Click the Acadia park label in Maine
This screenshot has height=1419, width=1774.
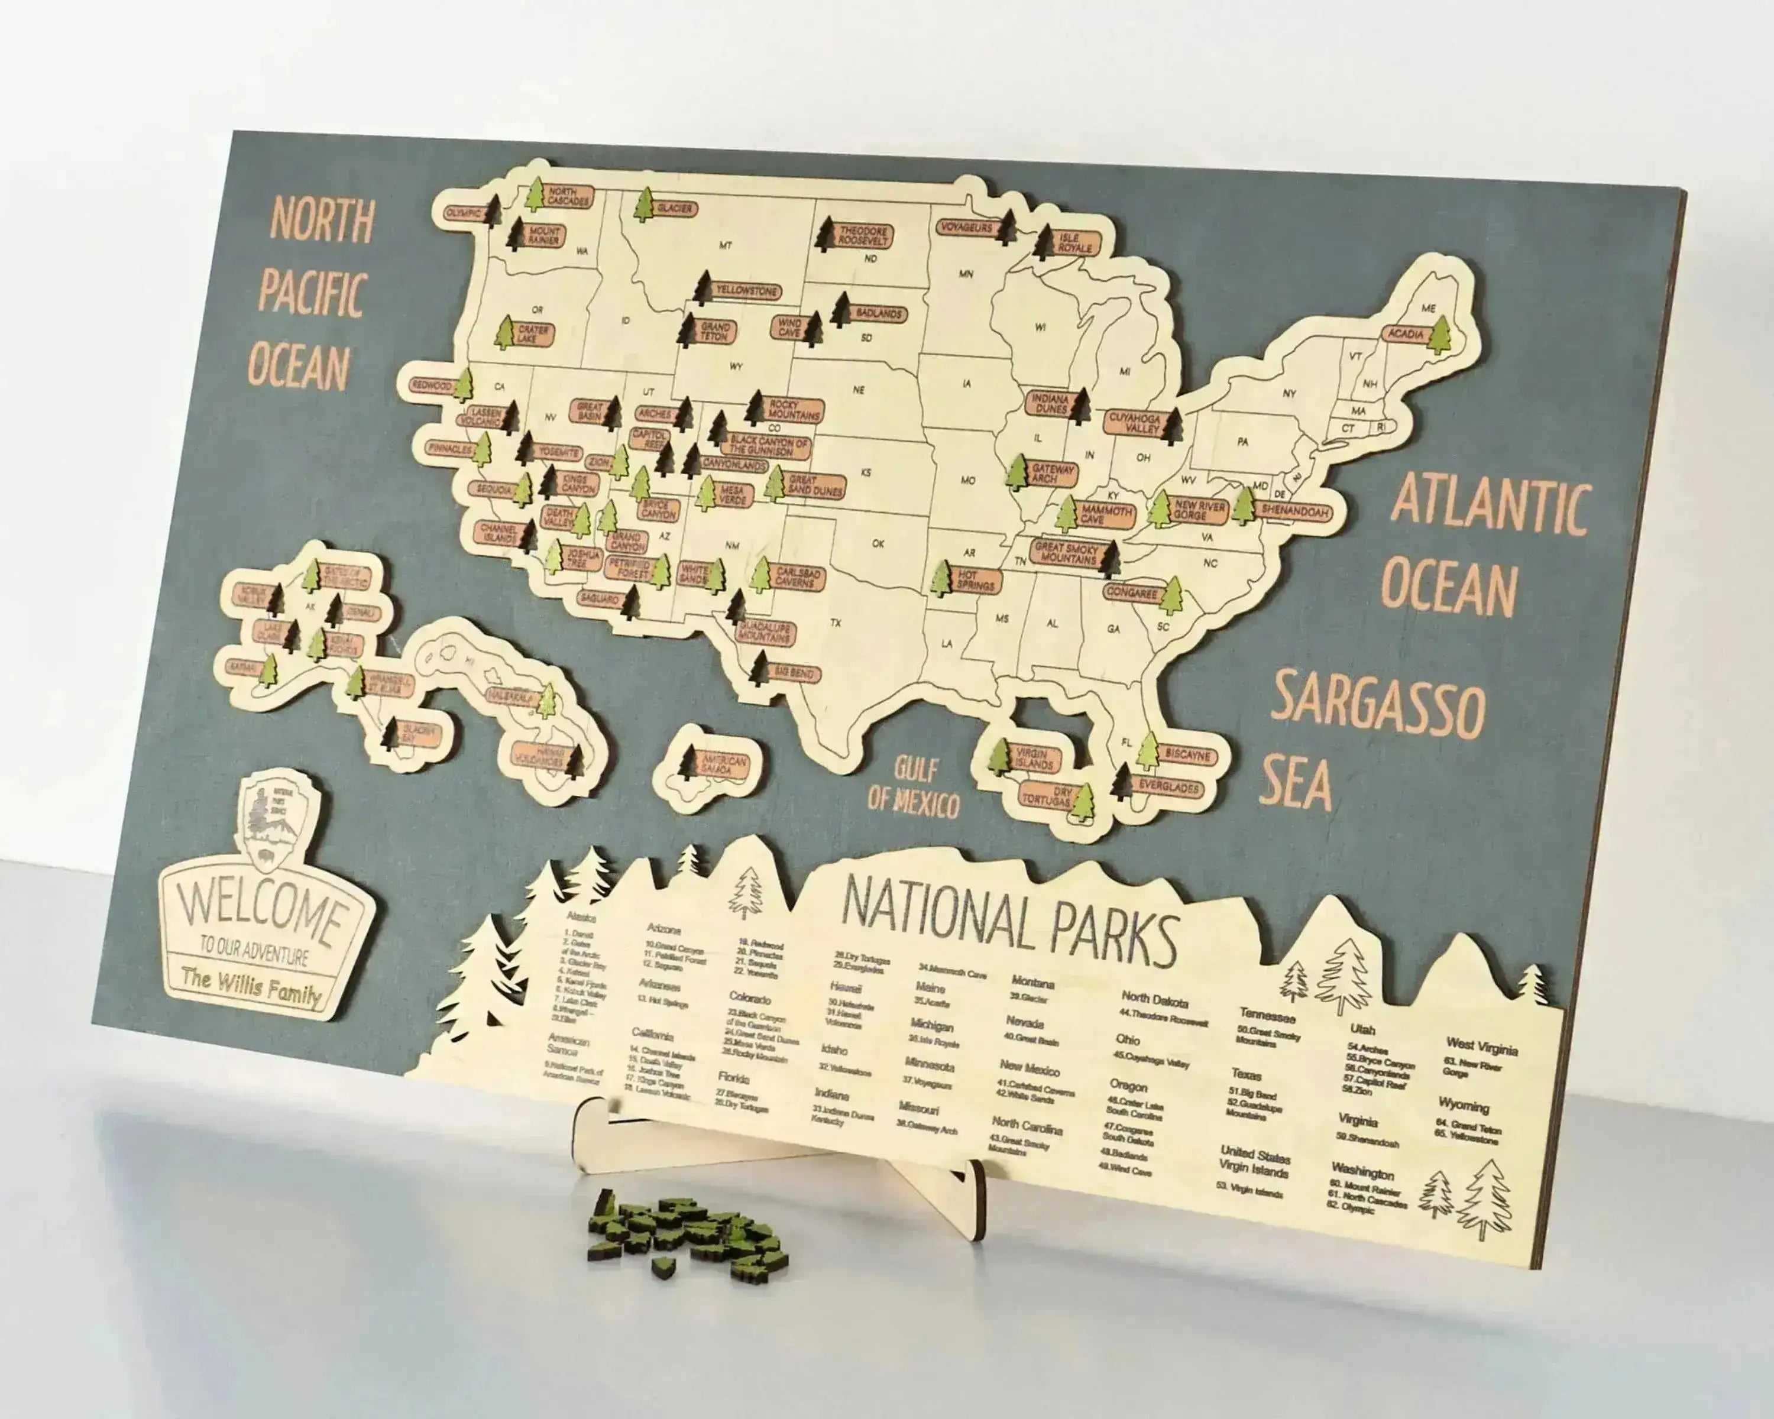[1406, 334]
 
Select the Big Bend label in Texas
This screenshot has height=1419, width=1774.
[792, 673]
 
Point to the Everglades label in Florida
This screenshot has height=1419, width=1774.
[1169, 786]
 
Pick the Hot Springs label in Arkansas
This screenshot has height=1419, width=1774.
[975, 581]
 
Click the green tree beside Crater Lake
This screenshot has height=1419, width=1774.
[504, 332]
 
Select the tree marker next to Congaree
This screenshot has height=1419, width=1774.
[1171, 595]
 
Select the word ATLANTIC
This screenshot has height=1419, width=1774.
[1490, 503]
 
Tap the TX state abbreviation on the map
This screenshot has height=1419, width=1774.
[836, 623]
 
